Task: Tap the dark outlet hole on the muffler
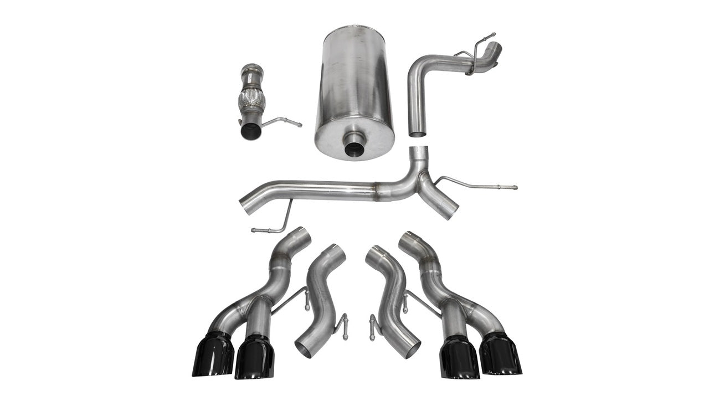(354, 148)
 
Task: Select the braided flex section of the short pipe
(252, 101)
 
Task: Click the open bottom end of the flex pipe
(251, 131)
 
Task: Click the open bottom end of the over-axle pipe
(418, 132)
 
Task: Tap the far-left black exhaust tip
(213, 354)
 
